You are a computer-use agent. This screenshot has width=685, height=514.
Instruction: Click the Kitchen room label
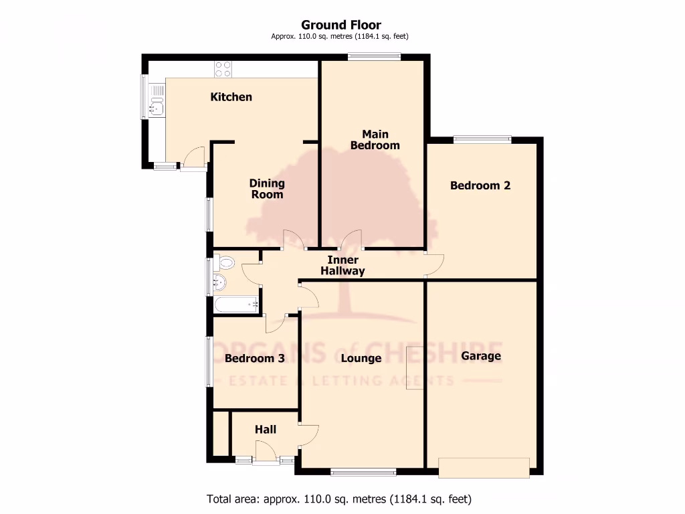point(231,97)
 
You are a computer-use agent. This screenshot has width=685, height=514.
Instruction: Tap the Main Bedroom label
point(375,140)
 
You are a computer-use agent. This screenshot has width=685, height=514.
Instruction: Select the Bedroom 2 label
point(480,185)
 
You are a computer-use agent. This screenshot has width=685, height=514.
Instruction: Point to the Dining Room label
point(267,189)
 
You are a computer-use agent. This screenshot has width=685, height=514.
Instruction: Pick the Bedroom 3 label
point(255,358)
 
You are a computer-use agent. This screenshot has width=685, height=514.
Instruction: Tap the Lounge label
point(361,358)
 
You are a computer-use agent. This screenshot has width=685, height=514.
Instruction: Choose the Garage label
point(481,355)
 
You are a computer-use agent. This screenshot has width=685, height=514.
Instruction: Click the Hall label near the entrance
point(266,429)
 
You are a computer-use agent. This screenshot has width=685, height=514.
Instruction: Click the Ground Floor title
point(341,25)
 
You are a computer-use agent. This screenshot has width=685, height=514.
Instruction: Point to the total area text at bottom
point(339,499)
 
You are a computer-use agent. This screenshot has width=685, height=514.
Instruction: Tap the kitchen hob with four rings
point(223,68)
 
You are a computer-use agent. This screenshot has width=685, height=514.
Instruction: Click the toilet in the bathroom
point(224,263)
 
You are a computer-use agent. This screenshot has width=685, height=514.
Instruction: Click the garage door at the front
point(484,467)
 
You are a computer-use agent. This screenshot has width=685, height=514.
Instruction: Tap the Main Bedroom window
point(374,58)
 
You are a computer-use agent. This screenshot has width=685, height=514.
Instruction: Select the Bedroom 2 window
point(482,139)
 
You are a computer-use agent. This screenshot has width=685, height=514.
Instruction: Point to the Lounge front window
point(363,473)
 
